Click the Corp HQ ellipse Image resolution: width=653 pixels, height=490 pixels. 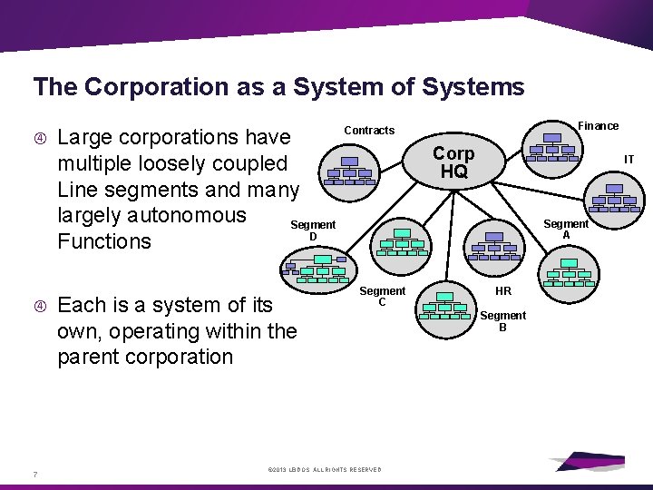click(453, 162)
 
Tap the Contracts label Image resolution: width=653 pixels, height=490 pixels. click(369, 131)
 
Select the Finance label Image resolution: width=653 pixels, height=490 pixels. click(599, 126)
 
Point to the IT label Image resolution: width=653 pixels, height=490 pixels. click(629, 160)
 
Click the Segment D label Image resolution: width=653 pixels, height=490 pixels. click(313, 230)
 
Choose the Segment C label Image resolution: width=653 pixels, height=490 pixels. click(382, 296)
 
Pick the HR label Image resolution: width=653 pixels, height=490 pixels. click(503, 291)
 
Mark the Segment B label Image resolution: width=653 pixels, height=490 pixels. click(502, 321)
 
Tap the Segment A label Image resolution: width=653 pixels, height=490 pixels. click(566, 230)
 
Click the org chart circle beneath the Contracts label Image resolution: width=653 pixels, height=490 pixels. click(350, 174)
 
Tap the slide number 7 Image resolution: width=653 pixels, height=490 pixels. click(34, 474)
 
